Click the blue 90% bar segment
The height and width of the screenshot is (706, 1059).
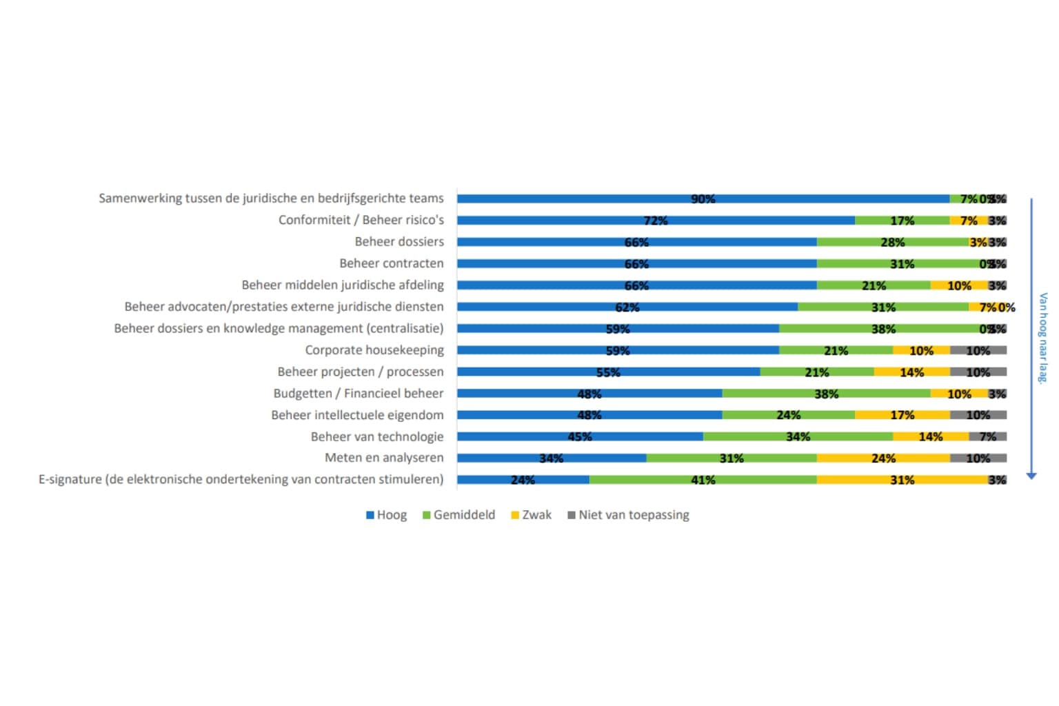(703, 199)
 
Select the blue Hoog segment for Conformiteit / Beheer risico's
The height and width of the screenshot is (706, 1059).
(656, 221)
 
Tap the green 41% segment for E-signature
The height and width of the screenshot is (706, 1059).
(703, 480)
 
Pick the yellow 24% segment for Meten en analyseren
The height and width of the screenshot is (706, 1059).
(883, 458)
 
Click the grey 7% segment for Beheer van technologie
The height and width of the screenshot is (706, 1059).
(987, 436)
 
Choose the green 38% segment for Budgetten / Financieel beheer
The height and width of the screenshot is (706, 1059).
(826, 394)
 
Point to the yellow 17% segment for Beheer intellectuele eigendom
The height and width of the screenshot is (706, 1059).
(902, 415)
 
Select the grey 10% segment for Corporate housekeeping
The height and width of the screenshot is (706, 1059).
(978, 350)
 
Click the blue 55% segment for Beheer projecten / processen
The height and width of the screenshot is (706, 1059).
(608, 372)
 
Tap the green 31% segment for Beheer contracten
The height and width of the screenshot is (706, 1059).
(902, 263)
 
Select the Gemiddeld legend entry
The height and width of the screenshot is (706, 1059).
(458, 515)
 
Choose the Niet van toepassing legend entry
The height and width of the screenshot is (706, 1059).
(628, 515)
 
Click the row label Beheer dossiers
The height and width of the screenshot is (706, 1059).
(399, 241)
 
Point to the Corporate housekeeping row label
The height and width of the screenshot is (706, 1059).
(374, 350)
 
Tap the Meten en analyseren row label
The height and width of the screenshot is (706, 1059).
(384, 457)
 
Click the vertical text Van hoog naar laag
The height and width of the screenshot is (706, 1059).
(1042, 337)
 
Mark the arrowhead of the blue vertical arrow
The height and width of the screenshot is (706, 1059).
(1031, 476)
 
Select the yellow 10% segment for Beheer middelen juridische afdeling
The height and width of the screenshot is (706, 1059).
(959, 285)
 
